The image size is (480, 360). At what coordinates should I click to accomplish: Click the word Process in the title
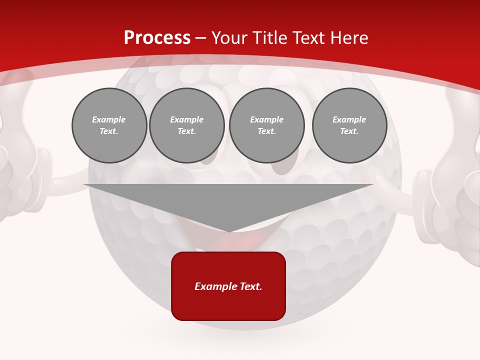tap(157, 38)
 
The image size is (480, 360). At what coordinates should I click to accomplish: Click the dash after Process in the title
tap(201, 38)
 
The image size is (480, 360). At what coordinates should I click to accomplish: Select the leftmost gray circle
tap(109, 125)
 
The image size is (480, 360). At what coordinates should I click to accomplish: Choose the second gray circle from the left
tap(187, 125)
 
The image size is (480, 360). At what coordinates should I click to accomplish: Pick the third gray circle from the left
tap(267, 125)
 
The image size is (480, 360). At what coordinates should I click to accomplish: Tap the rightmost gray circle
tap(349, 125)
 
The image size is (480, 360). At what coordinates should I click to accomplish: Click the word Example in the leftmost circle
tap(109, 119)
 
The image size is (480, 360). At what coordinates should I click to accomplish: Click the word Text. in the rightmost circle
tap(349, 131)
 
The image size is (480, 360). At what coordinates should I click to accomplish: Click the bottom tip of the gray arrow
tap(228, 230)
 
